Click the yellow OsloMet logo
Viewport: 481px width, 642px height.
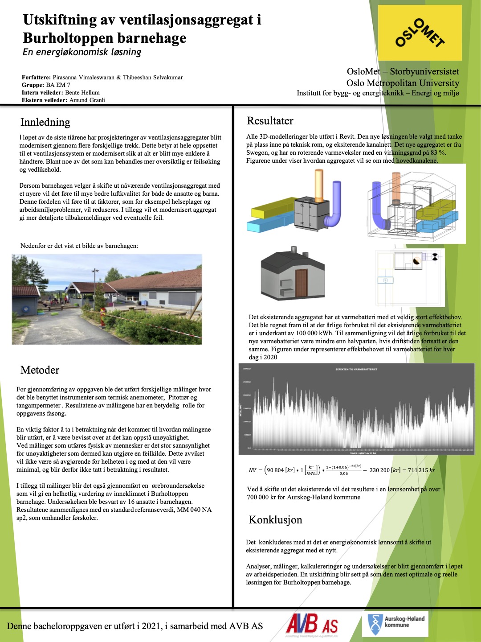[x=420, y=33]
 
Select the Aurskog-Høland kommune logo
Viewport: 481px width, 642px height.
[x=395, y=624]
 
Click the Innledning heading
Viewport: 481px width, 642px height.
[x=45, y=122]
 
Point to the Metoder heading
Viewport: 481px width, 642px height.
[x=40, y=370]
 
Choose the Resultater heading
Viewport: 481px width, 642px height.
[x=270, y=121]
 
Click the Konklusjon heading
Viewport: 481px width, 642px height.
[x=275, y=520]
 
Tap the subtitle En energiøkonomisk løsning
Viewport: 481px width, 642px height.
[x=82, y=52]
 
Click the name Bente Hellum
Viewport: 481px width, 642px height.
[x=82, y=93]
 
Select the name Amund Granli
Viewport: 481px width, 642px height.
[x=87, y=100]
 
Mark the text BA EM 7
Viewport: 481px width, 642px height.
[x=58, y=85]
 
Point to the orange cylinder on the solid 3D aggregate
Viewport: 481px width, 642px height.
[x=319, y=185]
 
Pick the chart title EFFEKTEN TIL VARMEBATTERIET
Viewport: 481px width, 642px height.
[x=356, y=370]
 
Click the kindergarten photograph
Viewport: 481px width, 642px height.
[x=107, y=300]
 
